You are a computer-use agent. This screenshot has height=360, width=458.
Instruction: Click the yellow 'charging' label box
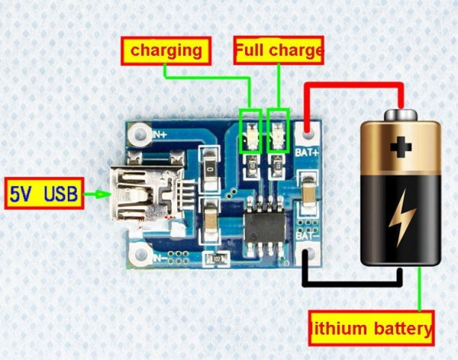[x=166, y=51]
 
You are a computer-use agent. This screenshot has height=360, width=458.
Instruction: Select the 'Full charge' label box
[x=279, y=50]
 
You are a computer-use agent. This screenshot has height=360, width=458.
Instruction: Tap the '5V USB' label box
[x=44, y=193]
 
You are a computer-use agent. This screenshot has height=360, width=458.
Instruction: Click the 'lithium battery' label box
[x=371, y=329]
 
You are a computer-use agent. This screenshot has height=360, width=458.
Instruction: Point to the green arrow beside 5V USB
[x=97, y=194]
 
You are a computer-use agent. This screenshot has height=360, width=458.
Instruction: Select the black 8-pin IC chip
[x=264, y=228]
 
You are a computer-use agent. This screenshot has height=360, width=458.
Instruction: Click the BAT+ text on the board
[x=307, y=152]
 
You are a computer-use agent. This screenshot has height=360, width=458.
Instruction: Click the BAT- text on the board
[x=307, y=235]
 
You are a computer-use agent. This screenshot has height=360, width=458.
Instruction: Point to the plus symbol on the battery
[x=401, y=147]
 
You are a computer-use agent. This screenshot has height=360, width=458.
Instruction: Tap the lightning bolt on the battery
[x=402, y=217]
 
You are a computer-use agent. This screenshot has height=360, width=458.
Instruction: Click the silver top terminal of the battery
[x=401, y=114]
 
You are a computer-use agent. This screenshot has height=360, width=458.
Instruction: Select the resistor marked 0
[x=210, y=169]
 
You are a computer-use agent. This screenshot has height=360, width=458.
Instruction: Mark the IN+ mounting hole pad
[x=140, y=134]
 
